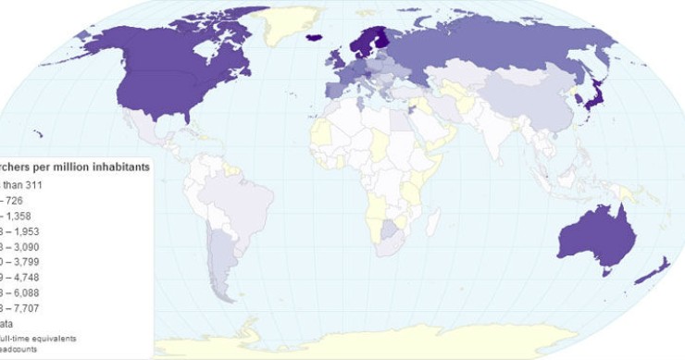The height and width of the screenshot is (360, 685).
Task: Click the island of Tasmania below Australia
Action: pyautogui.click(x=608, y=269)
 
